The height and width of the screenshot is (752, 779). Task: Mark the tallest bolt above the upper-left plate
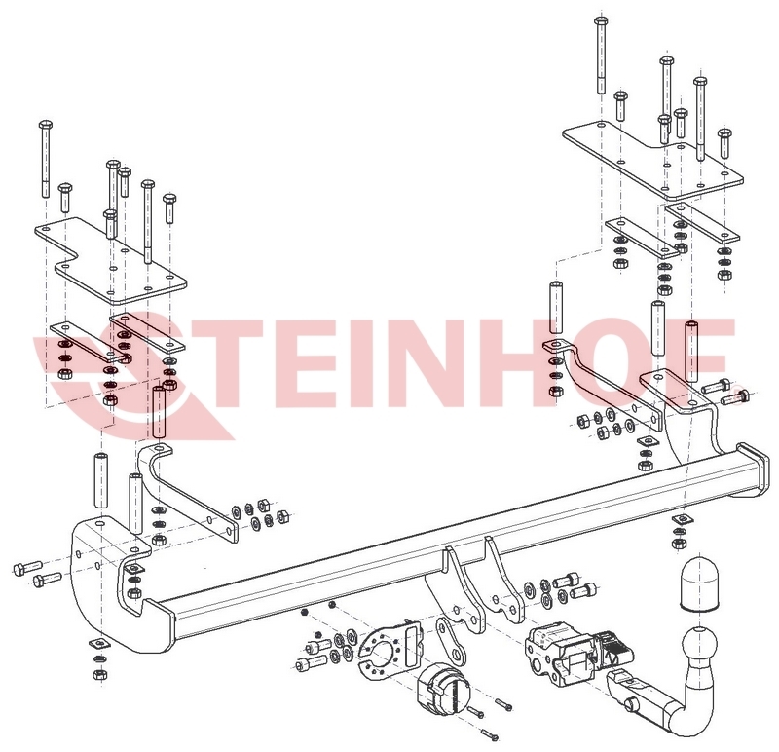[45, 161]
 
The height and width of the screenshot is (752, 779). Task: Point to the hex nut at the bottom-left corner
[97, 674]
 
